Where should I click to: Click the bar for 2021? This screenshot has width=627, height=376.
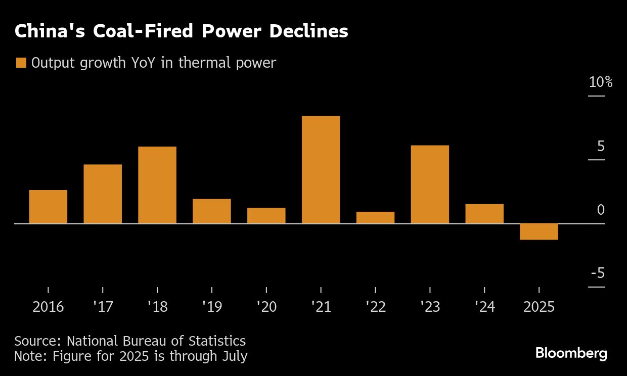(321, 170)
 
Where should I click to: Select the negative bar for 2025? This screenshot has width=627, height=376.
(539, 231)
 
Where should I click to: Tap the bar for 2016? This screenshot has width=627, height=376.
(48, 207)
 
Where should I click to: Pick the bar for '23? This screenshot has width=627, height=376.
(430, 184)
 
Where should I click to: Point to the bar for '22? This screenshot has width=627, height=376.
(375, 217)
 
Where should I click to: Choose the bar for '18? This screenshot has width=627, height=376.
(157, 185)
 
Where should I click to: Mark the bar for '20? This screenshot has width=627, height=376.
(266, 216)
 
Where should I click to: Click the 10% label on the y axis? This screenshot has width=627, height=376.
(600, 82)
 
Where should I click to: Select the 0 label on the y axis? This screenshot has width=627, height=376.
(601, 210)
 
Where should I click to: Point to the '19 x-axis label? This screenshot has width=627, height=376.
(211, 307)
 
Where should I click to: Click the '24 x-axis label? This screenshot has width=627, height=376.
(484, 307)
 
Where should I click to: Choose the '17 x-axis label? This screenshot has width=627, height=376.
(103, 307)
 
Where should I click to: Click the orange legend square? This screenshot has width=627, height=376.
(21, 63)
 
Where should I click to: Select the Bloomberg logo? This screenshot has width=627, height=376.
(571, 353)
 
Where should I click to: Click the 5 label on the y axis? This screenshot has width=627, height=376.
(601, 146)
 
